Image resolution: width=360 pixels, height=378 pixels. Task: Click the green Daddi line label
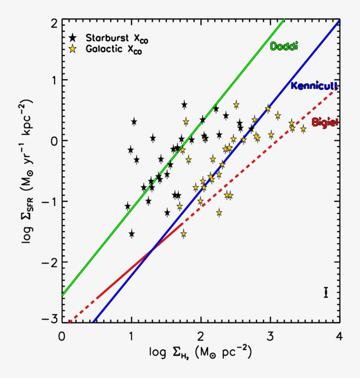tap(284, 46)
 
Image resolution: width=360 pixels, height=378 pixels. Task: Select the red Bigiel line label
tap(325, 122)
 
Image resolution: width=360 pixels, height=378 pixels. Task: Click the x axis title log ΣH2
tap(200, 353)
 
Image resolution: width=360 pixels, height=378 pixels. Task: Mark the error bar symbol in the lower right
tap(326, 293)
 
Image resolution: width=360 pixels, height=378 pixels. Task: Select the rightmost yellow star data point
tap(303, 129)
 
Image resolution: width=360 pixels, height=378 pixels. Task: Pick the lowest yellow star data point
tap(184, 234)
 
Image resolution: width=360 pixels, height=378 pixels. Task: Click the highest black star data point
tap(184, 105)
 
